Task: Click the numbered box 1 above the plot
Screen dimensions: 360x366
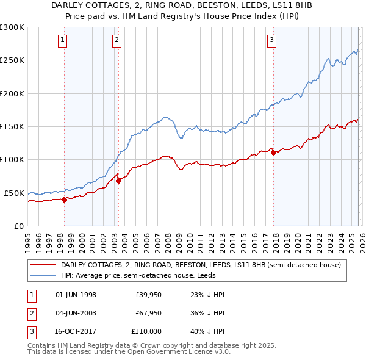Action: (63, 41)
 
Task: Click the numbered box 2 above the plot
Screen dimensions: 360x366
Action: (116, 41)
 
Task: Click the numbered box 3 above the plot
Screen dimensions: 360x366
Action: (271, 41)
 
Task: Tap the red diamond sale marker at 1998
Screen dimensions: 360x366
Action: (64, 199)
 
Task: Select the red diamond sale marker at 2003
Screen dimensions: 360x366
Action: (118, 180)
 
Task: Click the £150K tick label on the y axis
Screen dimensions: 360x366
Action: (12, 126)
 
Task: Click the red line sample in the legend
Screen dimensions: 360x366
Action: (43, 265)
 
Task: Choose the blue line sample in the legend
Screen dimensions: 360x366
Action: (43, 275)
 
